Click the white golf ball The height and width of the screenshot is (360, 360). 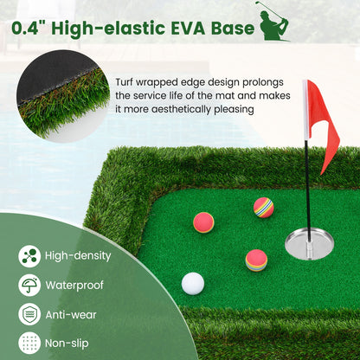point(192,283)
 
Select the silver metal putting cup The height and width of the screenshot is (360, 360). point(310,241)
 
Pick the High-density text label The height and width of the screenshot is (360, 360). point(78,256)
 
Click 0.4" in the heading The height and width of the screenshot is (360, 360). point(31,29)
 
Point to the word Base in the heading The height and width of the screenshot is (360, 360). point(234,29)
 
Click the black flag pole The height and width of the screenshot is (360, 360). point(305,182)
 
